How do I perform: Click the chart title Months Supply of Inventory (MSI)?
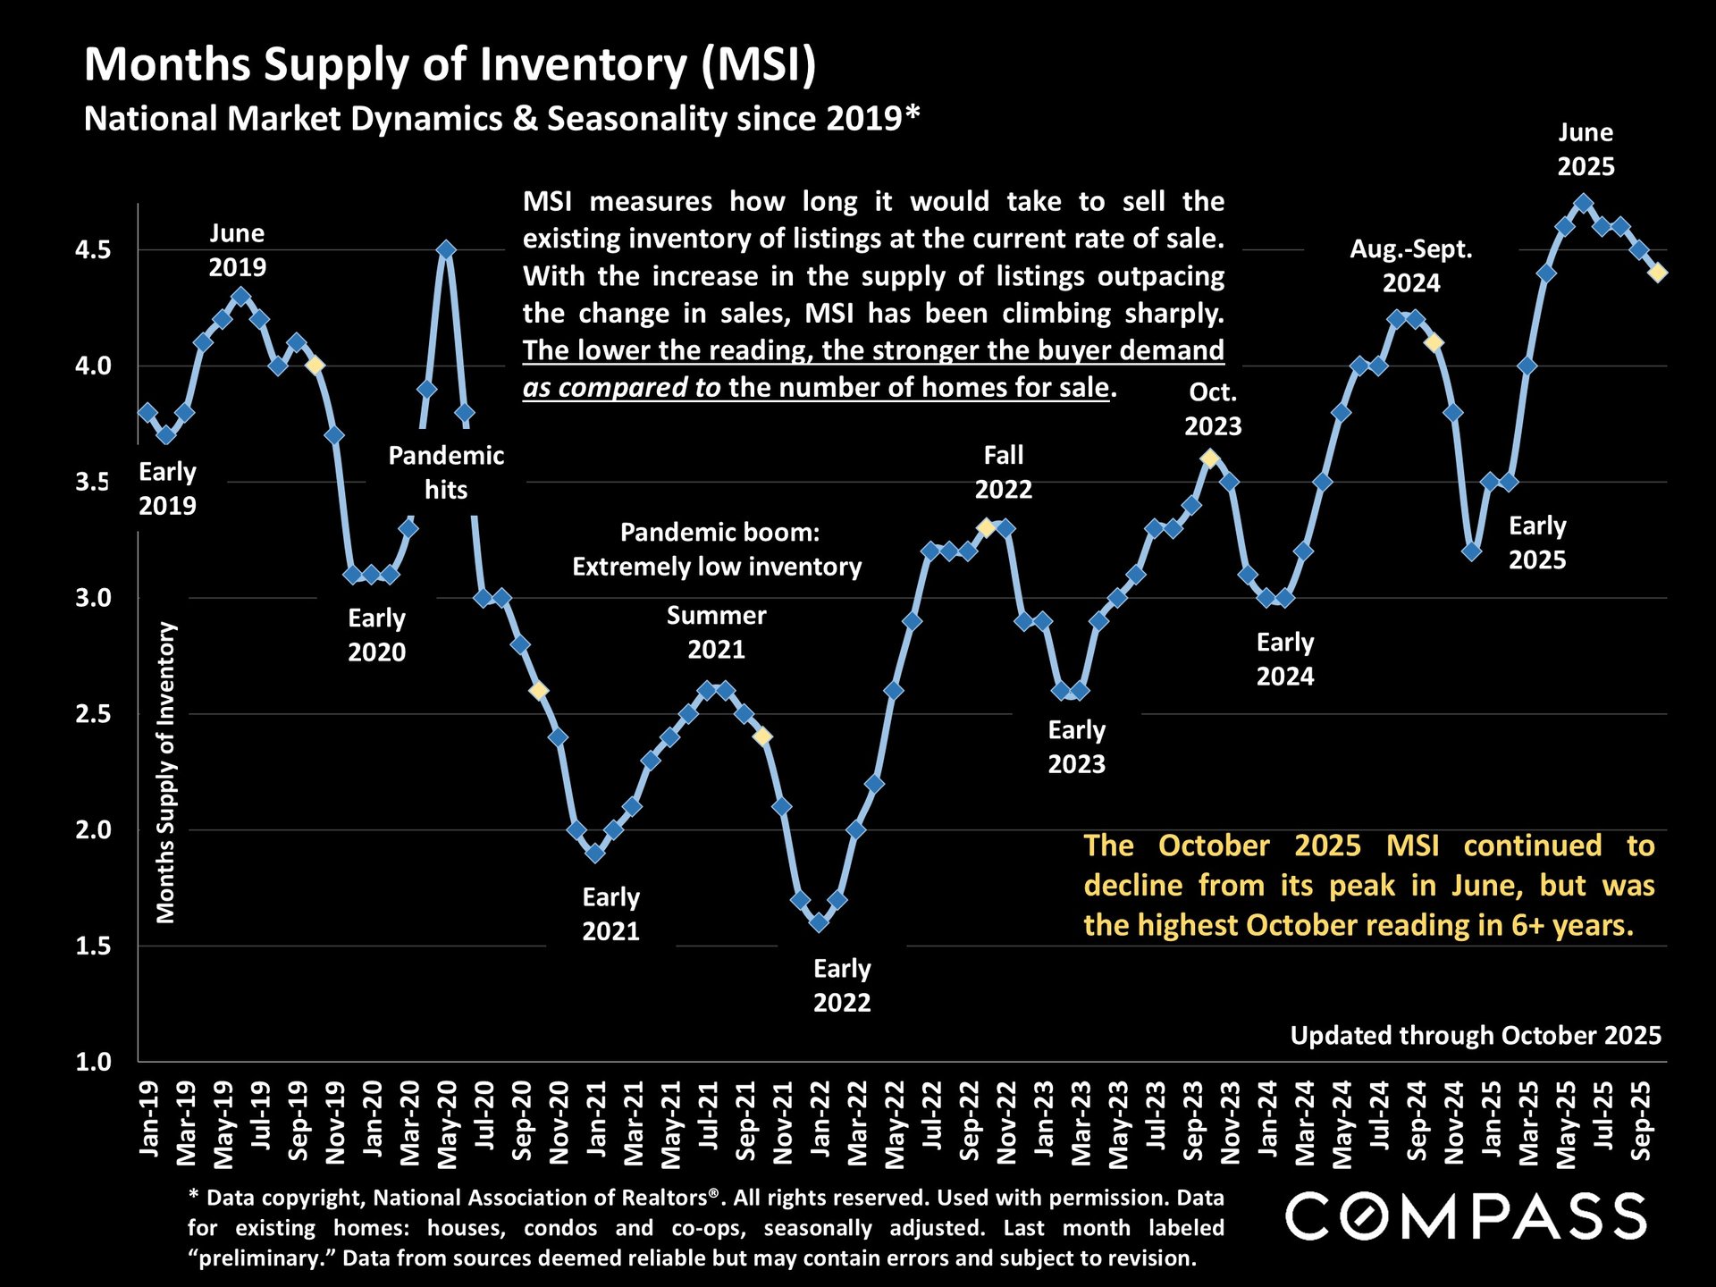(x=450, y=65)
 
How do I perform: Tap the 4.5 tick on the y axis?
(x=93, y=250)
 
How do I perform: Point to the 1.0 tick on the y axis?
(x=93, y=1062)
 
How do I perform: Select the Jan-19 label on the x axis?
(x=149, y=1118)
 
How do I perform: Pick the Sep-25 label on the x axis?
(x=1641, y=1121)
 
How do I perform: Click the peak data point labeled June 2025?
(x=1583, y=203)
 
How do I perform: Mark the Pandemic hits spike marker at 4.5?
(x=446, y=250)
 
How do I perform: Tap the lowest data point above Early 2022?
(x=819, y=922)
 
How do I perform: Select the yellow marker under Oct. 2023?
(x=1210, y=458)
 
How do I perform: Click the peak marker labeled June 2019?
(x=240, y=296)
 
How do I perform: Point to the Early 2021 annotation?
(x=611, y=913)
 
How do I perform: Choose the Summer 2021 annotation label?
(x=716, y=632)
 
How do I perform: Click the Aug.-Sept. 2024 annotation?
(x=1411, y=265)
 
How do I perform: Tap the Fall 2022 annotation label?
(x=1003, y=472)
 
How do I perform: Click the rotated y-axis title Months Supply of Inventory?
(x=166, y=772)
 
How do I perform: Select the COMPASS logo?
(x=1466, y=1216)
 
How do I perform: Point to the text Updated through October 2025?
(x=1476, y=1035)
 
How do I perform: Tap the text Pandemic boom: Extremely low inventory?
(x=718, y=550)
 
